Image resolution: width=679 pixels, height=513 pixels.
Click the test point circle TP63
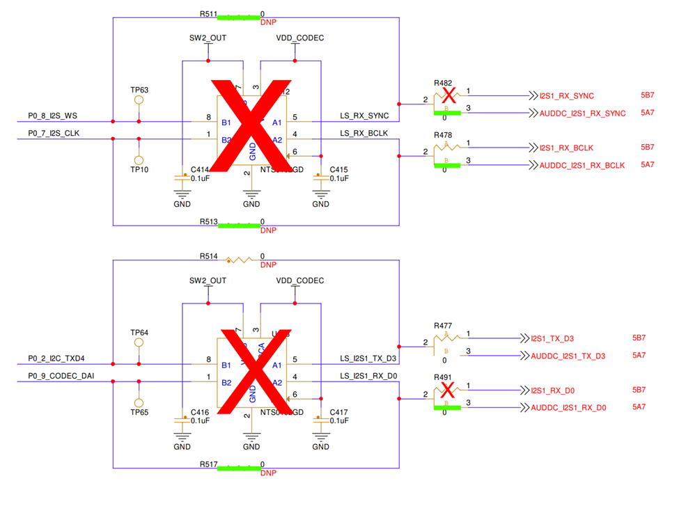(139, 100)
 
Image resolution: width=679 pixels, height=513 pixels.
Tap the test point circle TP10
(139, 159)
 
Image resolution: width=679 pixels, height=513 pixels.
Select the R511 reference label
(208, 14)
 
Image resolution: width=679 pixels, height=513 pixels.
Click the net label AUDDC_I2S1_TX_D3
(568, 356)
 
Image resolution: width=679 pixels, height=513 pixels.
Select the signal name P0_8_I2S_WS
(53, 116)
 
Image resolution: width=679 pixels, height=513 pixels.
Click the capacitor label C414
(200, 169)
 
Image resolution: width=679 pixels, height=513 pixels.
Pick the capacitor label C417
(339, 411)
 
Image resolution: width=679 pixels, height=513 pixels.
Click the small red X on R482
(449, 95)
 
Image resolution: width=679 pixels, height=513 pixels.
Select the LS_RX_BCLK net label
(364, 133)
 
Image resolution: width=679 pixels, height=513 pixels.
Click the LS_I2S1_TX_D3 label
(368, 358)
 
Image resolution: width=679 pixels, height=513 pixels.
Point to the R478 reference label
(443, 135)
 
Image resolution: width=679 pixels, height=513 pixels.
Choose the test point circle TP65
(139, 403)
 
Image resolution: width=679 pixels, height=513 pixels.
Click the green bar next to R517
(237, 468)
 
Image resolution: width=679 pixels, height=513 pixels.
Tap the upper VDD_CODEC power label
(299, 38)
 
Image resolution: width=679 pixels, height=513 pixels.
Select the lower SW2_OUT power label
(208, 281)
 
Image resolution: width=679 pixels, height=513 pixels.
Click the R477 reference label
(443, 325)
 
